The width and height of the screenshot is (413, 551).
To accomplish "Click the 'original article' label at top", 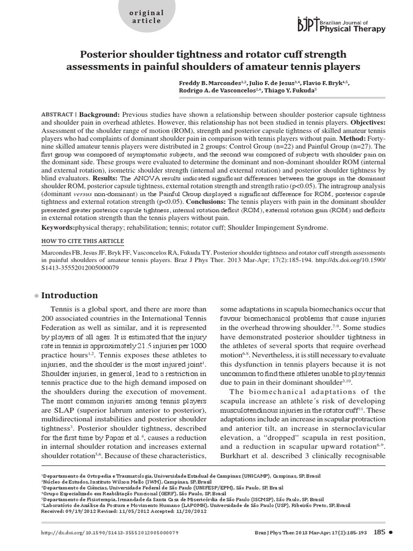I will click(146, 16).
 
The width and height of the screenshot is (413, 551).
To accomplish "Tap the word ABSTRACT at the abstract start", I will click(58, 115).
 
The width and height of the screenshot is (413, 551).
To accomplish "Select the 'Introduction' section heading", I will click(69, 295).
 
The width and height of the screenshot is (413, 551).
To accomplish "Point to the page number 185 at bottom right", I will click(379, 533).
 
